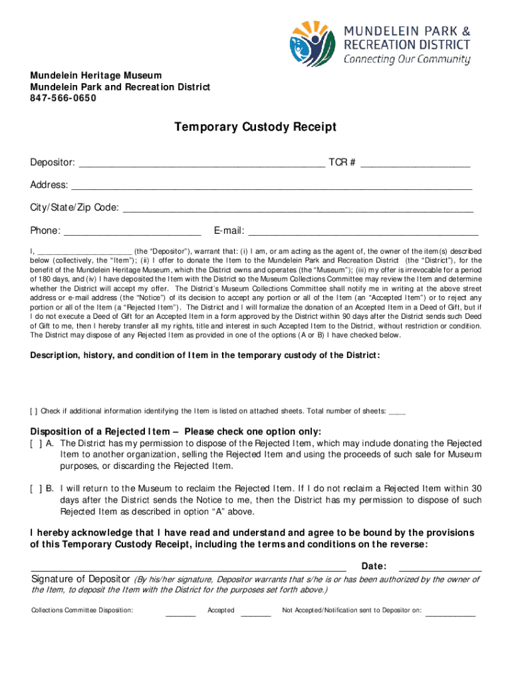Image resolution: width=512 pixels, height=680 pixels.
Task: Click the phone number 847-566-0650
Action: (x=63, y=98)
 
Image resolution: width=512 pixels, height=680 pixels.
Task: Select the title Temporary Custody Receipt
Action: (x=255, y=127)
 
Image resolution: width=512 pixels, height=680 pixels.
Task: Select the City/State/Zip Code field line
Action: (x=299, y=209)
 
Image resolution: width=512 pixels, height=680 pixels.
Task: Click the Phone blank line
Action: (x=132, y=232)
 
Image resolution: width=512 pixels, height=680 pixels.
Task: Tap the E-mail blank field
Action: (x=363, y=232)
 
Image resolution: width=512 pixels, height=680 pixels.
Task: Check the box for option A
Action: (x=35, y=443)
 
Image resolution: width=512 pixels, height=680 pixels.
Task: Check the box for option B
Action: (x=35, y=488)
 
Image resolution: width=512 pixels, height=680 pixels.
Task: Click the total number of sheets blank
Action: (x=397, y=412)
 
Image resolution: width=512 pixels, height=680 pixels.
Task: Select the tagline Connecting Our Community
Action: (x=406, y=59)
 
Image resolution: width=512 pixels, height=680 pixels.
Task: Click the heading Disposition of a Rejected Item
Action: (x=176, y=431)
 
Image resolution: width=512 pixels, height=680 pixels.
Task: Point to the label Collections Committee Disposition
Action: (x=82, y=610)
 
